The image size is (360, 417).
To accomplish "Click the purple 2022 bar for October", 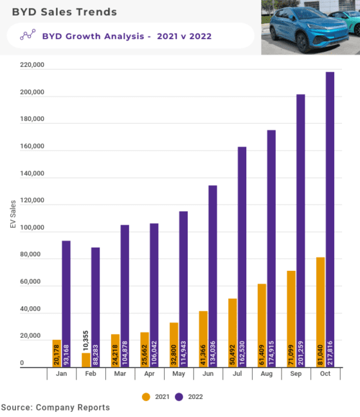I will click(330, 219).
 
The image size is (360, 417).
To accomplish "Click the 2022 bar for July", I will click(242, 257).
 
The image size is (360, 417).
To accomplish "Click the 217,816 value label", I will click(330, 351).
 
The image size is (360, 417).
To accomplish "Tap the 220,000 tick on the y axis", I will click(30, 66).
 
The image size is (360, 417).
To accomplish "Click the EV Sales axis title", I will click(13, 216).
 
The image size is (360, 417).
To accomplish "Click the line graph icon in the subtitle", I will click(28, 36).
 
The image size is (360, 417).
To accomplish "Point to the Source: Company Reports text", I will click(55, 407).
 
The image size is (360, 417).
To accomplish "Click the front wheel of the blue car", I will click(278, 44).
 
